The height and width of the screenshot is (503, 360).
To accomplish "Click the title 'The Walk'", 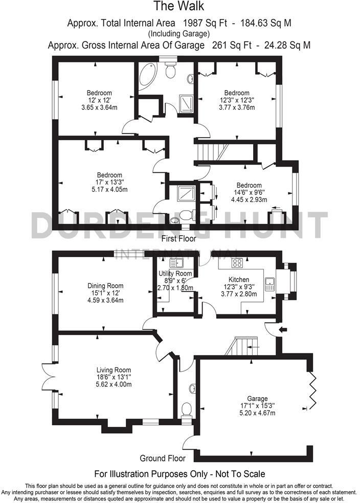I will coord(179,7).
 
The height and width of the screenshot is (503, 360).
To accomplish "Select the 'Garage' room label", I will coord(257,399).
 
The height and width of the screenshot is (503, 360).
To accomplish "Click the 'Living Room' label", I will coord(114,370).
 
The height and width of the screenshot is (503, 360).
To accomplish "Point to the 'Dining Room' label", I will coord(105,286).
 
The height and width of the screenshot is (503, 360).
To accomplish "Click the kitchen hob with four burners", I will coord(238,263).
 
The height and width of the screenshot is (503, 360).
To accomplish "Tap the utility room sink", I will coord(177,263).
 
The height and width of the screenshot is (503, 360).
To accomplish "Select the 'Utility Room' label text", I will coord(175,273).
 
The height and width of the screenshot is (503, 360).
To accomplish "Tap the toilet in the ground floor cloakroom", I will coord(187,409).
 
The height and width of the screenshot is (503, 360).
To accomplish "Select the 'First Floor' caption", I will coord(179,239).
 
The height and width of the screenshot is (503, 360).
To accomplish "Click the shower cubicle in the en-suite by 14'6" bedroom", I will coord(183,194).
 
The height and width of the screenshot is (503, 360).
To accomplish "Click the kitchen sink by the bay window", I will coord(269,284).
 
